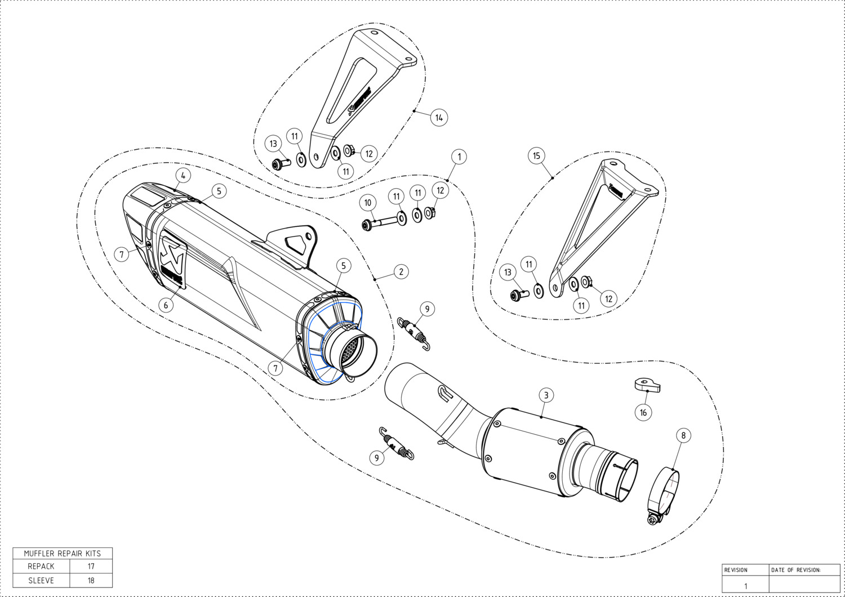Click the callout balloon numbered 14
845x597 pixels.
pyautogui.click(x=439, y=117)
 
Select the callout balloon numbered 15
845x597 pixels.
pyautogui.click(x=536, y=156)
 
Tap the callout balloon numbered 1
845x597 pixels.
pyautogui.click(x=459, y=157)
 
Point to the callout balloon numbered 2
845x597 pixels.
pyautogui.click(x=401, y=271)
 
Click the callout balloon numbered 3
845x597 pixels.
pyautogui.click(x=546, y=395)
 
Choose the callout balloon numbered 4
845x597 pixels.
pyautogui.click(x=183, y=175)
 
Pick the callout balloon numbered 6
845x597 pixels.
pyautogui.click(x=166, y=305)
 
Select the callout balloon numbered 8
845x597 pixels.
pyautogui.click(x=683, y=435)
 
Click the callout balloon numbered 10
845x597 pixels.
pyautogui.click(x=368, y=203)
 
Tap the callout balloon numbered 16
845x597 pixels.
pyautogui.click(x=643, y=412)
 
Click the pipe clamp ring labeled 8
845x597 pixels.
pyautogui.click(x=665, y=490)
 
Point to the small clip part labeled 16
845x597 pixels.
pyautogui.click(x=646, y=385)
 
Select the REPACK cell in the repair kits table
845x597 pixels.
pyautogui.click(x=41, y=566)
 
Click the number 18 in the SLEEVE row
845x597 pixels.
pyautogui.click(x=91, y=580)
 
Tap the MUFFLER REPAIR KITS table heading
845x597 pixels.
pyautogui.click(x=63, y=553)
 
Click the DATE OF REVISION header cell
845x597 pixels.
pyautogui.click(x=795, y=570)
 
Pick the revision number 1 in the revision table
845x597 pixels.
pyautogui.click(x=745, y=586)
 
